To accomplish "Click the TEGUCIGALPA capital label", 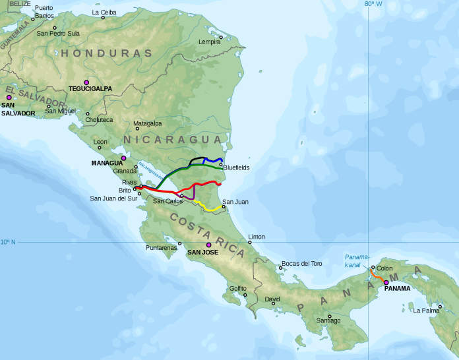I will pyautogui.click(x=90, y=88).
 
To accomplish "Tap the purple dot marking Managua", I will pyautogui.click(x=123, y=158).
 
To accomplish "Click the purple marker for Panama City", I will pyautogui.click(x=386, y=282).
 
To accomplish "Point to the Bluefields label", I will pyautogui.click(x=236, y=168).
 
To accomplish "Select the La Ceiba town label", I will pyautogui.click(x=104, y=12).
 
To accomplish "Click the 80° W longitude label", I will pyautogui.click(x=373, y=4).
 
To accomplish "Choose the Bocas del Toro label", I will pyautogui.click(x=301, y=264).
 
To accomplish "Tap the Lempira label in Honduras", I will pyautogui.click(x=209, y=42).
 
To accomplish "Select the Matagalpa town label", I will pyautogui.click(x=147, y=123).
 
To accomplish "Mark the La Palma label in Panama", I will pyautogui.click(x=427, y=310).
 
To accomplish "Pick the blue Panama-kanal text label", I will pyautogui.click(x=357, y=260).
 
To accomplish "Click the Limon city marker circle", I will pyautogui.click(x=249, y=242).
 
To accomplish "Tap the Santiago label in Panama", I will pyautogui.click(x=328, y=320).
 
